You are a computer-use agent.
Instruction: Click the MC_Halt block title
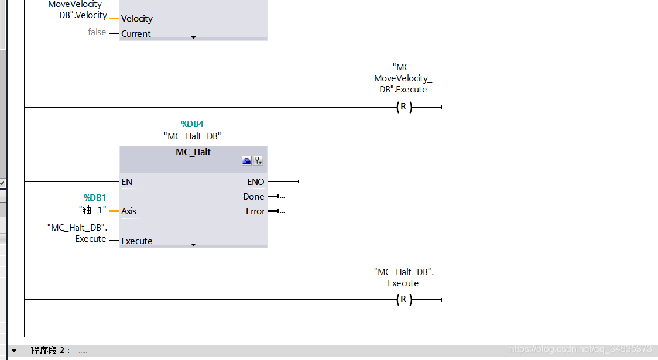[193, 152]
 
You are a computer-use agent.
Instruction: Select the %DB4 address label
[192, 124]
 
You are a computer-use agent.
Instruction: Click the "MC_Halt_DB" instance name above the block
[193, 136]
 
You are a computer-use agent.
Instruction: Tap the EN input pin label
[126, 182]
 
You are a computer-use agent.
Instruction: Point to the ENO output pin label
[256, 182]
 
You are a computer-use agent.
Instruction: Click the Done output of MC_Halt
[253, 197]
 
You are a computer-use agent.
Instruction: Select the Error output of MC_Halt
[255, 211]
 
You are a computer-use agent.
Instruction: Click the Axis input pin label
[129, 211]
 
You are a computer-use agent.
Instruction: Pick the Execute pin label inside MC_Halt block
[137, 241]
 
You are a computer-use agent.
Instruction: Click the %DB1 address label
[95, 198]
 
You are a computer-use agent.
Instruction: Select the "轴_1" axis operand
[92, 210]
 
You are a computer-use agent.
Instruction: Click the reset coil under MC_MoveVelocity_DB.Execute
[403, 107]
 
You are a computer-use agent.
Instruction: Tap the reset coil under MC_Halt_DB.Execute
[403, 300]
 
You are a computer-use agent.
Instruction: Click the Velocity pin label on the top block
[137, 19]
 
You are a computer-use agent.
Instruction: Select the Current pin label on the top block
[136, 34]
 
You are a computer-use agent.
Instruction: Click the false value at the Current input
[97, 32]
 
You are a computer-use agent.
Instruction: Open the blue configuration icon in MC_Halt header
[247, 161]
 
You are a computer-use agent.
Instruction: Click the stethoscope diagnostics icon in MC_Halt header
[258, 161]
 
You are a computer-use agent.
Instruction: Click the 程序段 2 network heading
[50, 351]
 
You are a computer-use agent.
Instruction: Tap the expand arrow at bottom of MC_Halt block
[194, 245]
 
